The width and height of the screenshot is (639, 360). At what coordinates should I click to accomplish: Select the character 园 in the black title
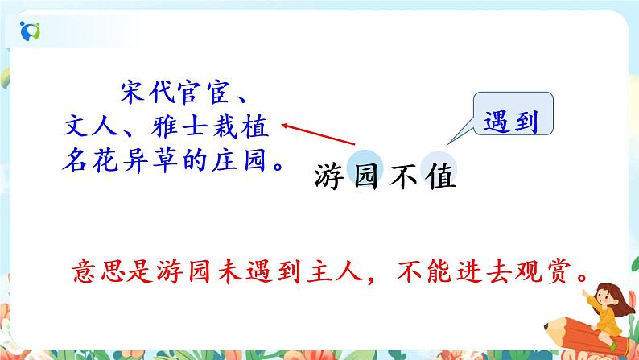(x=367, y=177)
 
